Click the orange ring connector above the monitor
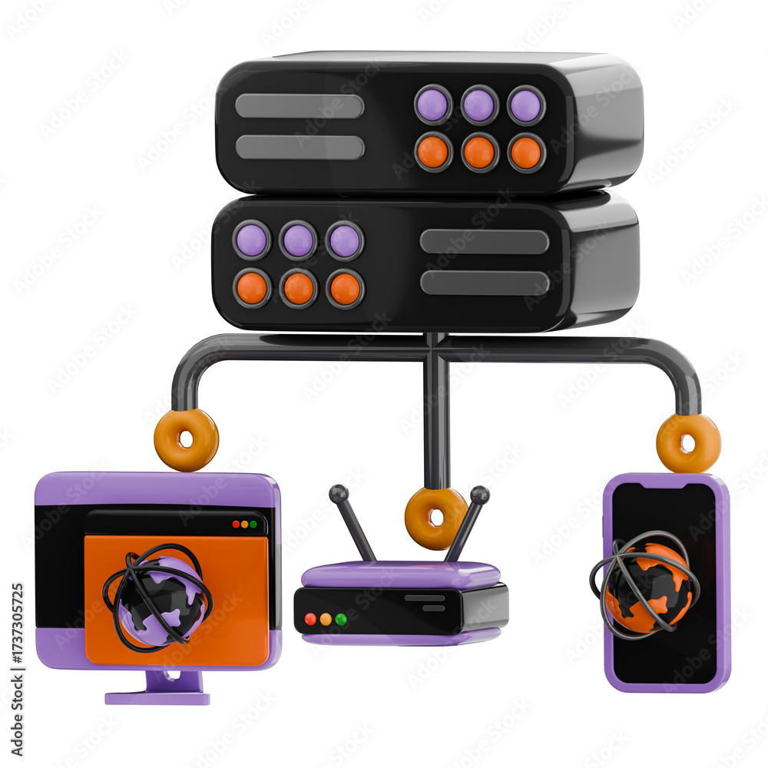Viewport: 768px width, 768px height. (186, 439)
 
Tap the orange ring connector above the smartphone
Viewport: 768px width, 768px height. (688, 443)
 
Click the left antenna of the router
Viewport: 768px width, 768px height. (353, 523)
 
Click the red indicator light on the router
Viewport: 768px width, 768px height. (310, 619)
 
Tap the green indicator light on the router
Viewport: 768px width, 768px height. (341, 619)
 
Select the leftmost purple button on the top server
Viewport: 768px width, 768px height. (433, 104)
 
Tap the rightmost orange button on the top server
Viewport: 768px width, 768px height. (526, 152)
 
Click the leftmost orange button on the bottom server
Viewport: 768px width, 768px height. (252, 288)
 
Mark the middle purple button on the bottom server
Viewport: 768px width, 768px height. (298, 240)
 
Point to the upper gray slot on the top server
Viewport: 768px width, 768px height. (300, 106)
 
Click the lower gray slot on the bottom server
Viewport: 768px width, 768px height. (485, 283)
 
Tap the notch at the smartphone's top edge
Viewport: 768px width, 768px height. (664, 485)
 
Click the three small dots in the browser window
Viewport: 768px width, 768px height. (245, 525)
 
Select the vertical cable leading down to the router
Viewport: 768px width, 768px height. (436, 415)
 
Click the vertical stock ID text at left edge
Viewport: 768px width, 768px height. (17, 668)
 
